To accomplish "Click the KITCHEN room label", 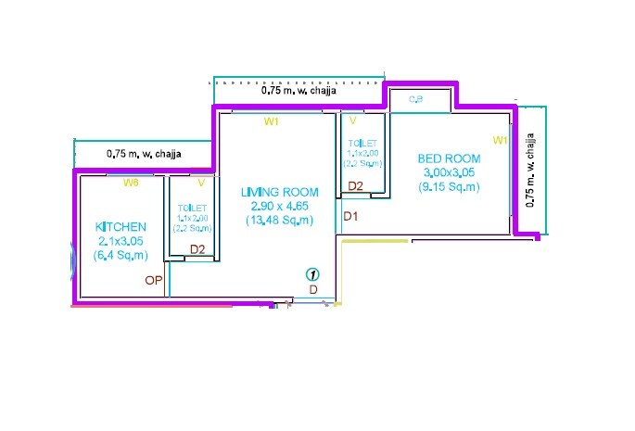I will coord(121,227).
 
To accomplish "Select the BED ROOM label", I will coord(449,158).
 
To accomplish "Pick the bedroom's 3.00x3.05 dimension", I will coord(450,172).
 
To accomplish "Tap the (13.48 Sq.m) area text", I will coord(278,221).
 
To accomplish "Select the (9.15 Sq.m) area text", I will coord(450,186).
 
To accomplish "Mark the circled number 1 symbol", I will coord(313,274).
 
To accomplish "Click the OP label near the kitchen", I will coord(153,279).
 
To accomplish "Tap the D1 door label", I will coord(351,216).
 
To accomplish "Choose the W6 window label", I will coord(132,183).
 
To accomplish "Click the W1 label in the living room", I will coord(272,121).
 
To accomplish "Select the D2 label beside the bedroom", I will coord(355,186).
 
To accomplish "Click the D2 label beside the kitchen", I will coord(197,248).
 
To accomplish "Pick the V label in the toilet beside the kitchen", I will coord(200,183).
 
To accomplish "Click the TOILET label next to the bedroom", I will coord(362,145).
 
